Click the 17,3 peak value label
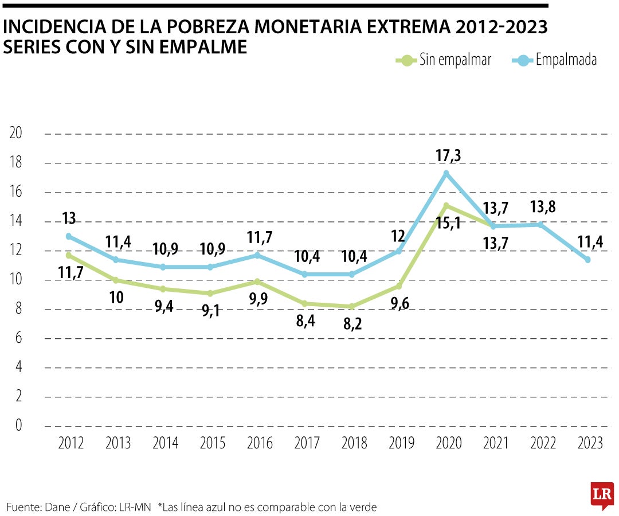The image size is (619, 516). (x=449, y=155)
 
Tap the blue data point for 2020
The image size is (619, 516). (x=446, y=173)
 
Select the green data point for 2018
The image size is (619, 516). (x=352, y=306)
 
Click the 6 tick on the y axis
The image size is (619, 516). (x=19, y=338)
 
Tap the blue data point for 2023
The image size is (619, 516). (x=587, y=260)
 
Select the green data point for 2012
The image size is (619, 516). (x=69, y=255)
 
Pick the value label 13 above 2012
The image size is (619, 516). (x=69, y=218)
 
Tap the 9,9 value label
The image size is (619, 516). (x=258, y=300)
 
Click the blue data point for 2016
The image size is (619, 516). (x=257, y=255)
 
